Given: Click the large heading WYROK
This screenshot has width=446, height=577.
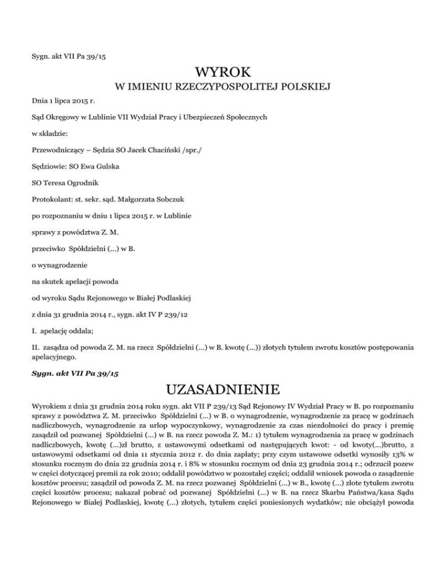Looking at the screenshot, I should point(223,73).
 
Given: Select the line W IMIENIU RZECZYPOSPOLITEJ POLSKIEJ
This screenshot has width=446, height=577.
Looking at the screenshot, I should point(223,88).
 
